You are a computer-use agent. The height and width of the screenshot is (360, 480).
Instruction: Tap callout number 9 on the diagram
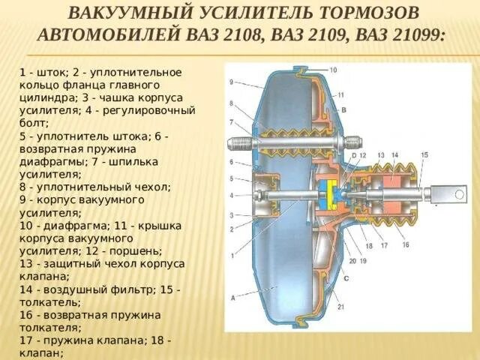pos(232,82)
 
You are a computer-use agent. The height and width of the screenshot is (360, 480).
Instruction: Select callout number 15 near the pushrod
pos(424,155)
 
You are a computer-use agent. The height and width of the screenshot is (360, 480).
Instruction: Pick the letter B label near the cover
pos(343,110)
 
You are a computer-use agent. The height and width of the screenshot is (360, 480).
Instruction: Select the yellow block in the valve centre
pos(328,196)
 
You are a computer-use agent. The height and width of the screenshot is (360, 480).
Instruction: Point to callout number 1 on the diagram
pos(232,257)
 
